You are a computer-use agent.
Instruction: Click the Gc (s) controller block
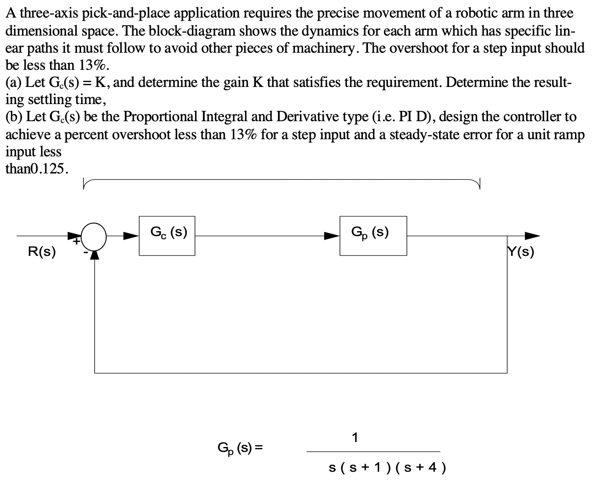pyautogui.click(x=167, y=236)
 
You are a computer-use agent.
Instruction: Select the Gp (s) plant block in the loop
pyautogui.click(x=373, y=236)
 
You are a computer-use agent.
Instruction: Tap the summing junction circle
pyautogui.click(x=95, y=235)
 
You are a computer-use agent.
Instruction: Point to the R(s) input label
pyautogui.click(x=42, y=252)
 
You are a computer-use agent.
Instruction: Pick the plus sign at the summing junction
pyautogui.click(x=77, y=241)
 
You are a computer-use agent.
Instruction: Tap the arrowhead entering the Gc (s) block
pyautogui.click(x=131, y=236)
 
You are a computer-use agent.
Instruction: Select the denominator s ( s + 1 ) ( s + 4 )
pyautogui.click(x=387, y=468)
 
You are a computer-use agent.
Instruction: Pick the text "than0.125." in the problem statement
pyautogui.click(x=37, y=169)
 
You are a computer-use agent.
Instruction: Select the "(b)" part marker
pyautogui.click(x=14, y=117)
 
